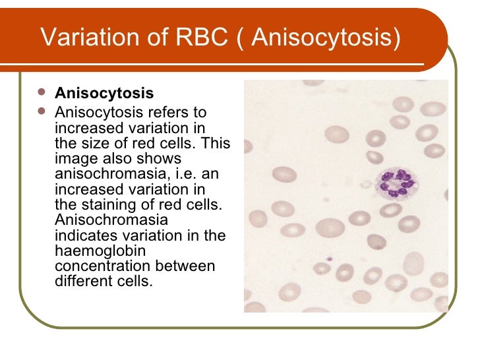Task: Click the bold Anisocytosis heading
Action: (x=104, y=94)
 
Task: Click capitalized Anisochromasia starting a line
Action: (x=111, y=220)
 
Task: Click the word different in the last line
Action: (x=82, y=282)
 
